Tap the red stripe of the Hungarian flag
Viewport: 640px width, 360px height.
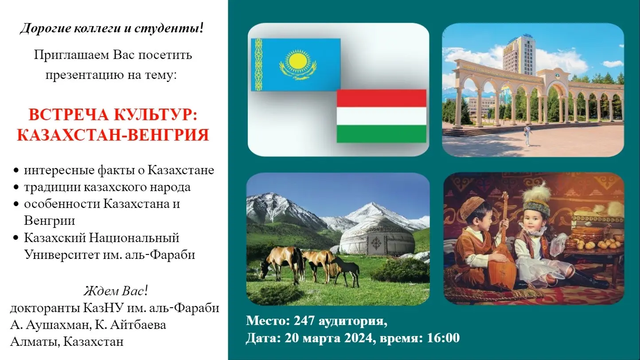382,98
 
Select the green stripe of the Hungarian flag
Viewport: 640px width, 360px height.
382,134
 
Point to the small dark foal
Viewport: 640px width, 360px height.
347,271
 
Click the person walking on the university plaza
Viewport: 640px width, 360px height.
527,136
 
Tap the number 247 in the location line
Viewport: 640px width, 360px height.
304,321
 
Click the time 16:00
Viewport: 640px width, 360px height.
443,338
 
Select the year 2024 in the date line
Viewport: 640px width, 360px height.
358,338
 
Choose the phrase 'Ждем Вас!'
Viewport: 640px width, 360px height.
116,291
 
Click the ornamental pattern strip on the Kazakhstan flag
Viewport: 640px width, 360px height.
258,65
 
